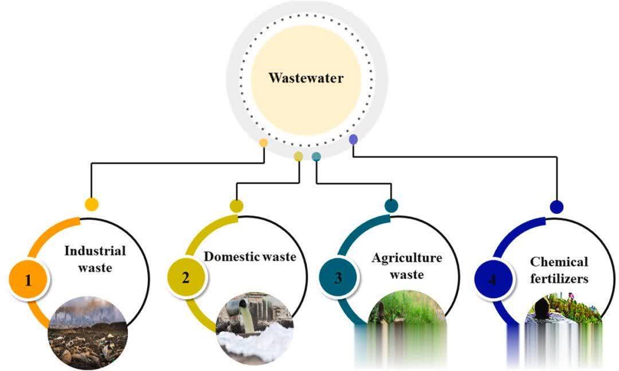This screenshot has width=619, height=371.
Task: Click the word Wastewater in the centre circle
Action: coord(305,78)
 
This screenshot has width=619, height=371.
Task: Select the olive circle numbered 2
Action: coord(186,278)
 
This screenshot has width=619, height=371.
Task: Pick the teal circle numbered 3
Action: coord(338,279)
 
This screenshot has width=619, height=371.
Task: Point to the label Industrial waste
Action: coord(95,258)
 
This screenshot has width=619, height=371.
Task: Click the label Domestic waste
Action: coord(250,256)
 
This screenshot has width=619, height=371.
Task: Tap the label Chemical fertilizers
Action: coord(559,270)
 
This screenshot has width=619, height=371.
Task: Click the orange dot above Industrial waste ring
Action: coord(91,204)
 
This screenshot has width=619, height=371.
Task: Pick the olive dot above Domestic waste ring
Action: coord(237,206)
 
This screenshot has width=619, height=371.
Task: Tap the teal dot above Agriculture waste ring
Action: coord(391,206)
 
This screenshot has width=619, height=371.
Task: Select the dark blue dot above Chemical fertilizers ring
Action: coord(556,207)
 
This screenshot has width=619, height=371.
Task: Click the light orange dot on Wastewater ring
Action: coord(263,142)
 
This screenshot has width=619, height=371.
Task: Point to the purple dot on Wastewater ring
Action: coord(353,139)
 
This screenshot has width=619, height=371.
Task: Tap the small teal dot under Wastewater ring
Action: coord(316,156)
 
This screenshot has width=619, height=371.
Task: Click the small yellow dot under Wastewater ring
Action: coord(298,156)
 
